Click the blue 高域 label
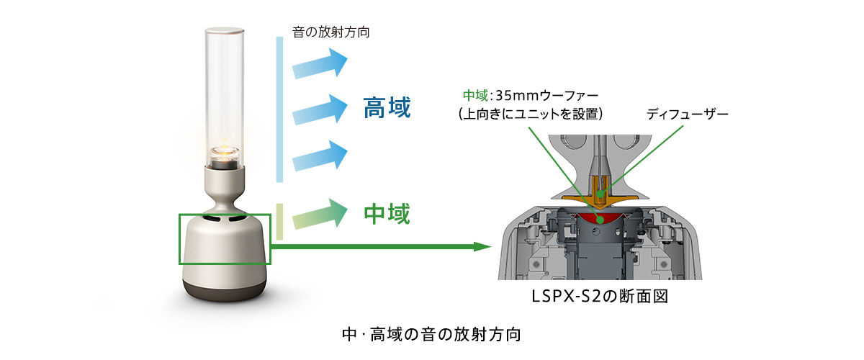tap(387, 109)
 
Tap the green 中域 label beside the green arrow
tap(387, 213)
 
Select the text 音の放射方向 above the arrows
tap(332, 32)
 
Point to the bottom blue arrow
tap(321, 153)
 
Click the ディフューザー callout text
tap(688, 114)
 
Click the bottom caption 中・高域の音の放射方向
tap(431, 335)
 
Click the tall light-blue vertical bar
tap(279, 108)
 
